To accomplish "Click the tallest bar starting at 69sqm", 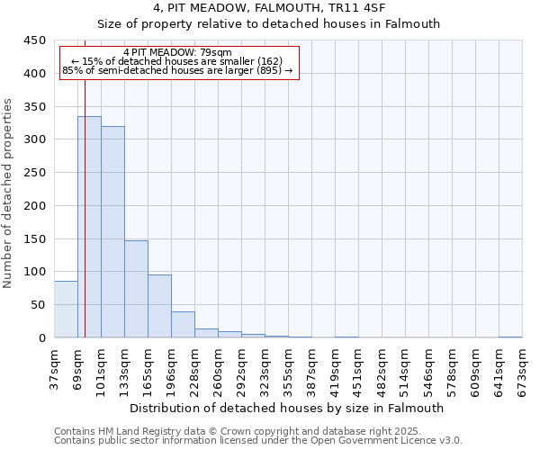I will point(89,227).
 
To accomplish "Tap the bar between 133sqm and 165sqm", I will point(136,289).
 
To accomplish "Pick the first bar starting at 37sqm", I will point(66,310).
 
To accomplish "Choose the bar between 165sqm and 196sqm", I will point(159,306).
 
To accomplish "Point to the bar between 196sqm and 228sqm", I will point(183,325).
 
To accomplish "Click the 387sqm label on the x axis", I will point(311,369).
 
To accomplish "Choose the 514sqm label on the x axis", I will point(405,369).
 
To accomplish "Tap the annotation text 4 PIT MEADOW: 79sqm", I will point(177,52).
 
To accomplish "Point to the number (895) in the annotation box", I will point(267,70).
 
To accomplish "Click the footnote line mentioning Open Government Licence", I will point(258,441).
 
